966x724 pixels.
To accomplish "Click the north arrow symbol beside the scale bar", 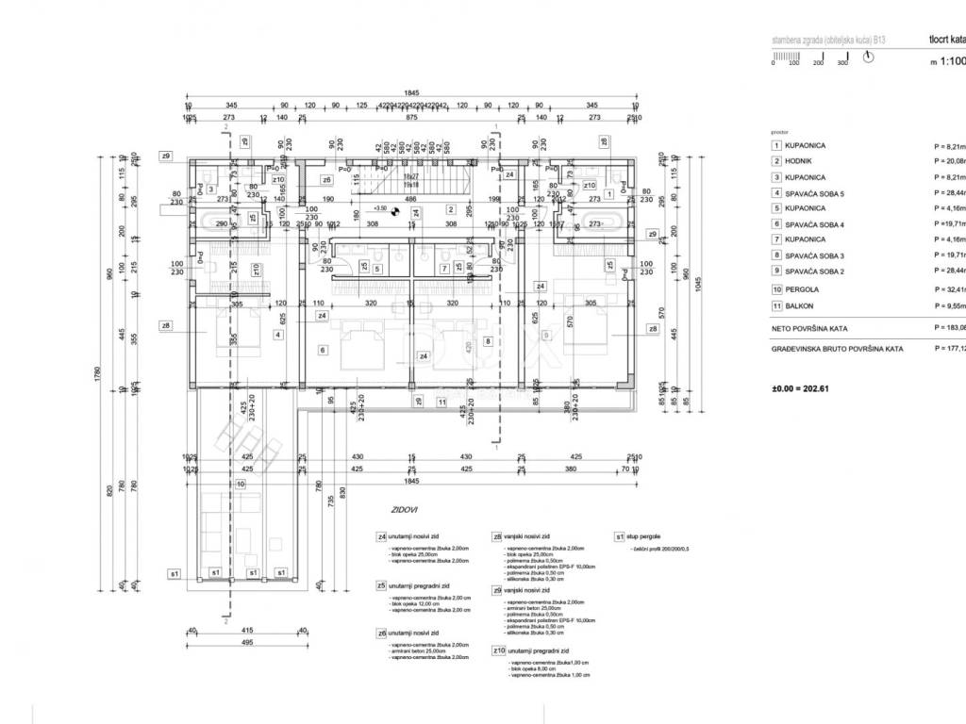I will click(x=870, y=57).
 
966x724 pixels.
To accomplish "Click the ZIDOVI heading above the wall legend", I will click(x=406, y=510).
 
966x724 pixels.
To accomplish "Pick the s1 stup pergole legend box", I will click(x=620, y=536).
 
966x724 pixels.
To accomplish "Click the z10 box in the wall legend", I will click(x=498, y=650).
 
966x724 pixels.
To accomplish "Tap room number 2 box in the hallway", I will click(x=452, y=209).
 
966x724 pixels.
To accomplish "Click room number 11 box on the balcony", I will click(x=441, y=403).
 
